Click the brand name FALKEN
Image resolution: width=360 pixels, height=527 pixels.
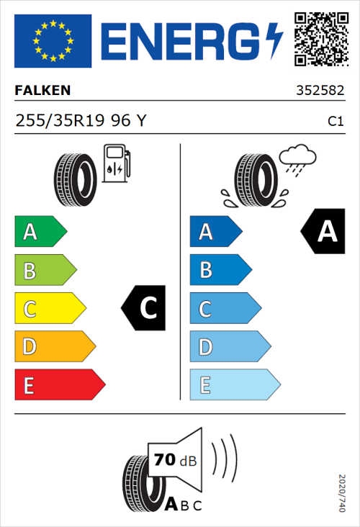click(42, 91)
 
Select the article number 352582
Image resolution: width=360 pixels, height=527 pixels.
click(319, 91)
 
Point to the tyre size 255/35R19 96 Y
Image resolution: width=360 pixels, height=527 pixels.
click(80, 121)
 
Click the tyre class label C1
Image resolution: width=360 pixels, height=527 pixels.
click(335, 122)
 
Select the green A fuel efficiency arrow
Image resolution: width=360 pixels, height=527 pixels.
click(40, 232)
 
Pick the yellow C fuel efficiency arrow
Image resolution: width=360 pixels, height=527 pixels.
click(49, 308)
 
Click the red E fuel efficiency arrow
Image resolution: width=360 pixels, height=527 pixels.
click(59, 384)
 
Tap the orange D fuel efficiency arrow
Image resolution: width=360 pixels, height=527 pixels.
click(54, 346)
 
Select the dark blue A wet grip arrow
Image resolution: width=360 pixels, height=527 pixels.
click(215, 232)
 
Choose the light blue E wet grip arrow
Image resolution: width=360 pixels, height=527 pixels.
click(234, 384)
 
